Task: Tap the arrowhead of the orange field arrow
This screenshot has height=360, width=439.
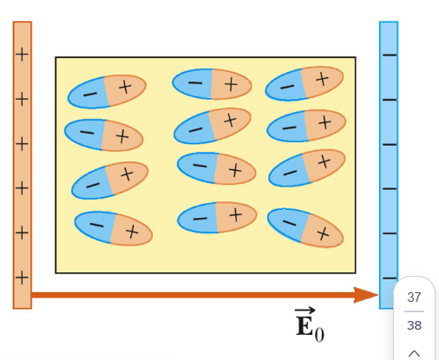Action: [x=370, y=295]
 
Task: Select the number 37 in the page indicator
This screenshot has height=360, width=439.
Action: [x=414, y=298]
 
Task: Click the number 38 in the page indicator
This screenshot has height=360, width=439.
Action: [x=414, y=325]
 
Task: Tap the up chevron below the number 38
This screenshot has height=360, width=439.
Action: [x=414, y=352]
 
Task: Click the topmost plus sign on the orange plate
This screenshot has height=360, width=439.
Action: [x=22, y=55]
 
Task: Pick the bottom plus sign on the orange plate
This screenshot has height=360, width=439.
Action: [x=22, y=277]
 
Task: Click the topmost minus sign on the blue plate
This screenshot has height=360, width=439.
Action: [x=389, y=55]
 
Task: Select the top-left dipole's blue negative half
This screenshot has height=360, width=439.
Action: [x=87, y=92]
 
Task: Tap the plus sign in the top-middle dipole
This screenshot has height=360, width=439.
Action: [x=231, y=83]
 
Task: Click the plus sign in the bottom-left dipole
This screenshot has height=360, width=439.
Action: [x=131, y=232]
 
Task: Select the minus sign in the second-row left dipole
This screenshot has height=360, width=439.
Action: [x=85, y=132]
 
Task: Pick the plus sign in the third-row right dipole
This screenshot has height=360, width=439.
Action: [x=324, y=161]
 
